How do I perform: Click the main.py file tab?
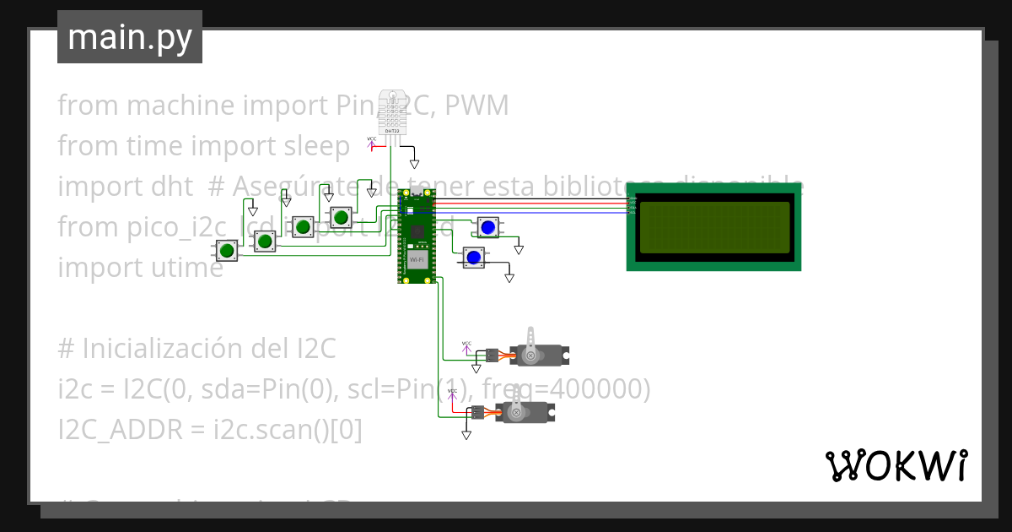click(x=129, y=37)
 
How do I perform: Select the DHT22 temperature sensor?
click(x=392, y=111)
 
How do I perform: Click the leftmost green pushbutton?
click(x=226, y=251)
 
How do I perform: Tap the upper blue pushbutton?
click(x=487, y=227)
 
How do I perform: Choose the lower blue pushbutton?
click(x=473, y=257)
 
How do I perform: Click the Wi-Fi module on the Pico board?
click(x=417, y=258)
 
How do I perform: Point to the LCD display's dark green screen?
click(x=713, y=229)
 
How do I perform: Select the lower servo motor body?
click(x=527, y=413)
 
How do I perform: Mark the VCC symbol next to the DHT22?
click(x=372, y=143)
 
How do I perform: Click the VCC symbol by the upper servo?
click(x=466, y=346)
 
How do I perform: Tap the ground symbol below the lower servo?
click(x=466, y=435)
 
